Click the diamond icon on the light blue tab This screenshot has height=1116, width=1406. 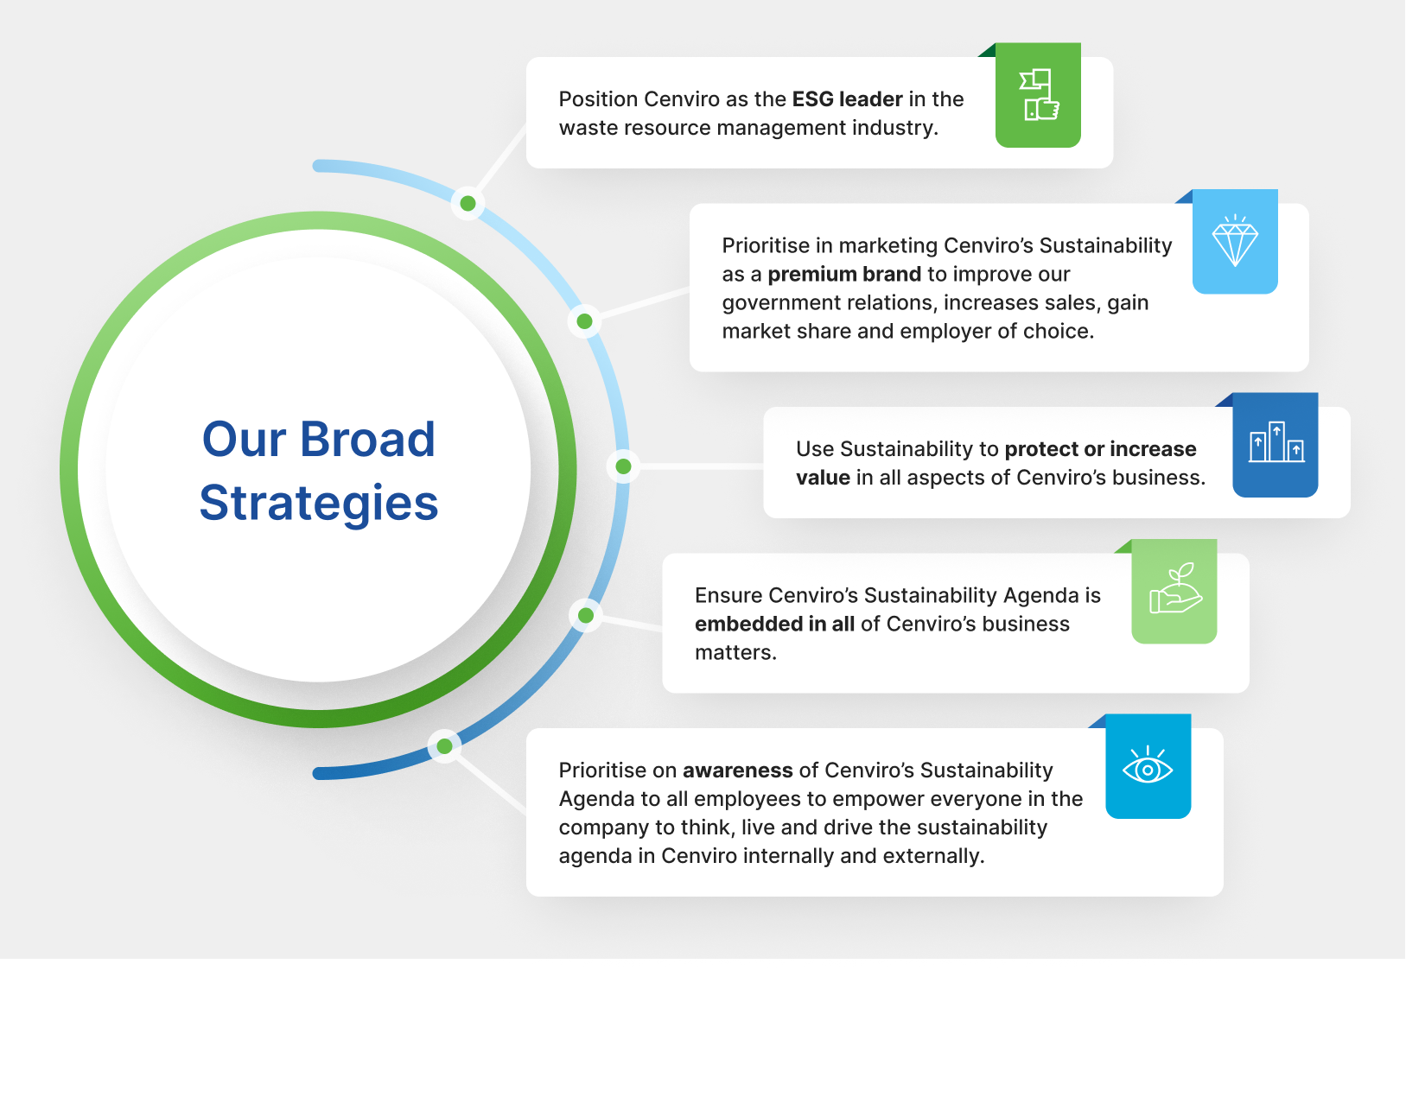point(1235,240)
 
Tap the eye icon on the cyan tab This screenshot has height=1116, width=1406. point(1148,764)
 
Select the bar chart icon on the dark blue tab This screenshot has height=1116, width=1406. point(1276,442)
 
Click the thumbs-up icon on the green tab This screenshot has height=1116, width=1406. point(1039,95)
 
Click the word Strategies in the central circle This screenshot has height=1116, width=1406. point(319,504)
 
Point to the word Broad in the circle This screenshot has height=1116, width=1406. point(368,439)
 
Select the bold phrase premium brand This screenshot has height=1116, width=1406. point(844,275)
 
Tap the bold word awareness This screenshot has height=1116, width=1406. point(738,770)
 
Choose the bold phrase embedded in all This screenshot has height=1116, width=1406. point(774,625)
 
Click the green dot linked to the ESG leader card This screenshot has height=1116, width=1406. point(468,203)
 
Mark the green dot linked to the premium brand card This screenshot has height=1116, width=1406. point(585,321)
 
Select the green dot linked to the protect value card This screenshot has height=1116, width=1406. point(623,466)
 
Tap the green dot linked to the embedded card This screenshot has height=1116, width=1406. point(586,615)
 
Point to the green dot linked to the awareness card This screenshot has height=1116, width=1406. point(444,745)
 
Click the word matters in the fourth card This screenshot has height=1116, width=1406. point(735,653)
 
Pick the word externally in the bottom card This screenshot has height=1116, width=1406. point(934,856)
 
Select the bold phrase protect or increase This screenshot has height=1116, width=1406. point(1100,449)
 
